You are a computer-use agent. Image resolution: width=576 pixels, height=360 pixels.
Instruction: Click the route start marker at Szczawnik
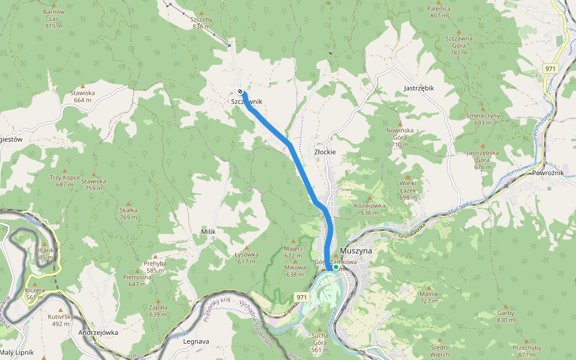[x=240, y=92]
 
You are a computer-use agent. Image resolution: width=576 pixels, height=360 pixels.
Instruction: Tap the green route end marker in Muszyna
[x=335, y=267]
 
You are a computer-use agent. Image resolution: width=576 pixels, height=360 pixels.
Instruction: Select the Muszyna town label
[x=356, y=250]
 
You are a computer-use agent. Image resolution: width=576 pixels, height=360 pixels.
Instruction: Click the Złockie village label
[x=325, y=152]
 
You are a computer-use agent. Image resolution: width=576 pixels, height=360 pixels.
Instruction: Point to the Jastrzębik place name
[x=419, y=88]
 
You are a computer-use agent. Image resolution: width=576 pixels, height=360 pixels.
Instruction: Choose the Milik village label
[x=208, y=232]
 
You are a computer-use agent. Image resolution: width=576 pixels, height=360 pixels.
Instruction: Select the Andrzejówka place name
[x=98, y=332]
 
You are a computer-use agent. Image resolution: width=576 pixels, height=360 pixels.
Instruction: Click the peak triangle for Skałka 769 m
[x=128, y=203]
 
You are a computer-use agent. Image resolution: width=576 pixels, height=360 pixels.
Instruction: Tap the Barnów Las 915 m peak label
[x=54, y=19]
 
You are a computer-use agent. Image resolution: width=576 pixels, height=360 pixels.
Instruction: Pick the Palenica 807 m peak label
[x=439, y=12]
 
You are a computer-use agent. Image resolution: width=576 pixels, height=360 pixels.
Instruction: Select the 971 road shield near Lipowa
[x=302, y=297]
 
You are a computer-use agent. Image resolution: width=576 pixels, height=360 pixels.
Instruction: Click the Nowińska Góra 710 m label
[x=400, y=137]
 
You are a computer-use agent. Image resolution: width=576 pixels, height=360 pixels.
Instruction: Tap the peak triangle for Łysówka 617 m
[x=247, y=247]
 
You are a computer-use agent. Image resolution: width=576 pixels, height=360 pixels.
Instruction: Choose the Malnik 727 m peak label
[x=428, y=298]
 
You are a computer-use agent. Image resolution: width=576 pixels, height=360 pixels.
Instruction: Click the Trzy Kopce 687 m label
[x=65, y=181]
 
